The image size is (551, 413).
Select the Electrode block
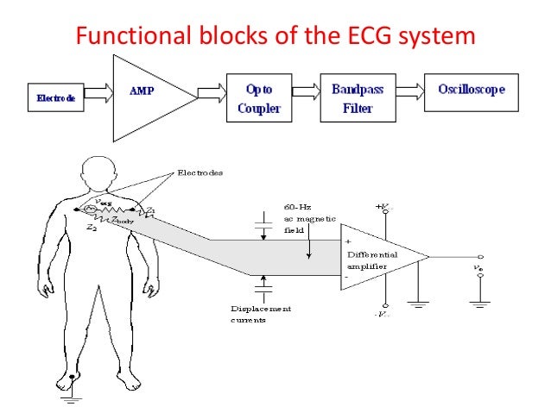pyautogui.click(x=56, y=97)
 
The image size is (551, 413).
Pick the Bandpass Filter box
pyautogui.click(x=364, y=97)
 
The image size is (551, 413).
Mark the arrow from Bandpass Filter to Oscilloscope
pyautogui.click(x=421, y=91)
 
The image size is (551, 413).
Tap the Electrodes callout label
pyautogui.click(x=199, y=172)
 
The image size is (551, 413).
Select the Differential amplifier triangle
pyautogui.click(x=376, y=256)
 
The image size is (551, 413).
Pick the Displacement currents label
pyautogui.click(x=262, y=313)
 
